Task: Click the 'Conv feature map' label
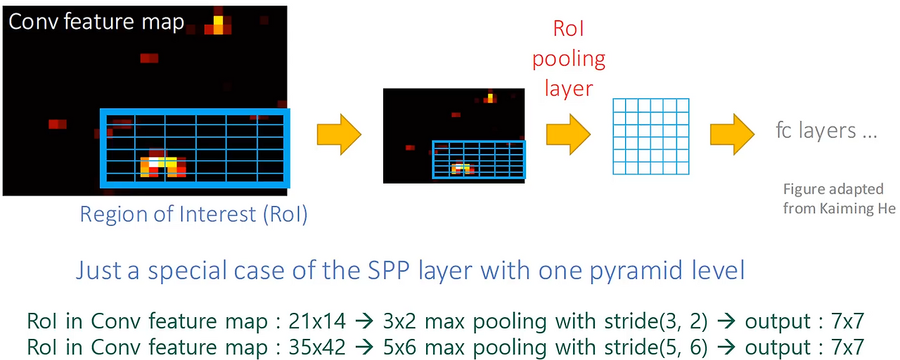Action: click(96, 22)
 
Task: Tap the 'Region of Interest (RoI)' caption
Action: click(193, 214)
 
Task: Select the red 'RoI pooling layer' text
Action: click(569, 58)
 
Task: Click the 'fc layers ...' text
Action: click(826, 131)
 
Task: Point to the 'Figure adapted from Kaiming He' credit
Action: click(839, 199)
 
